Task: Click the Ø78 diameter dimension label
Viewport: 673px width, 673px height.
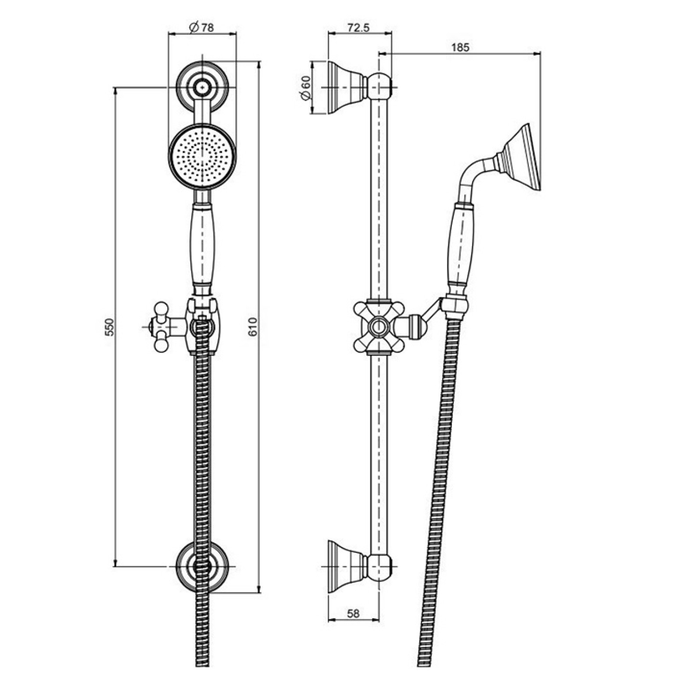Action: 201,27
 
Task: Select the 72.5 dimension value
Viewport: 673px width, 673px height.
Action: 358,28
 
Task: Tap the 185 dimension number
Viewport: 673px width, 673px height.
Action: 460,47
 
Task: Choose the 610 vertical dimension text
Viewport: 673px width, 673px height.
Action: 253,327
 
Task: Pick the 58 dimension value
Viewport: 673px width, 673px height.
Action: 353,614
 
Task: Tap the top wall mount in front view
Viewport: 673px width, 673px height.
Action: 202,88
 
